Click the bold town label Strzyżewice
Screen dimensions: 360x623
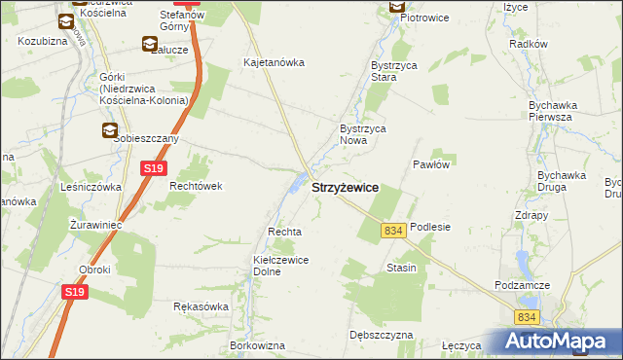(x=345, y=187)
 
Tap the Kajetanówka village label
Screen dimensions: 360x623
(x=274, y=62)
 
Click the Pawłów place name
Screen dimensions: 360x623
(x=430, y=164)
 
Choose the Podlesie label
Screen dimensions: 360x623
(x=430, y=227)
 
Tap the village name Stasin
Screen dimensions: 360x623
(x=401, y=268)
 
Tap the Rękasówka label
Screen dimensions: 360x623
(x=201, y=306)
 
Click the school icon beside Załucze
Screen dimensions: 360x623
(x=149, y=43)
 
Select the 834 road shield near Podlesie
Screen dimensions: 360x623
(x=393, y=230)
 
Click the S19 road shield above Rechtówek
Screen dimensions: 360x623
(x=152, y=169)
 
